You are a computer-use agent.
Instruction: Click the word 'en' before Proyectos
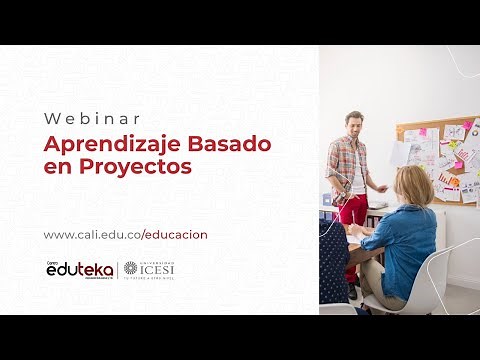tap(56, 167)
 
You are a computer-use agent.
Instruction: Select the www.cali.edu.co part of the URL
tap(91, 235)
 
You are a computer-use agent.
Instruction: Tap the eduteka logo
tap(79, 269)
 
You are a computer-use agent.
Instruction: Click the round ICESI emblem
tap(133, 269)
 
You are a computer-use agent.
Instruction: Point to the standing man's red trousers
tap(353, 208)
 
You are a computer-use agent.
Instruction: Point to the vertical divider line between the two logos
tap(118, 270)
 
